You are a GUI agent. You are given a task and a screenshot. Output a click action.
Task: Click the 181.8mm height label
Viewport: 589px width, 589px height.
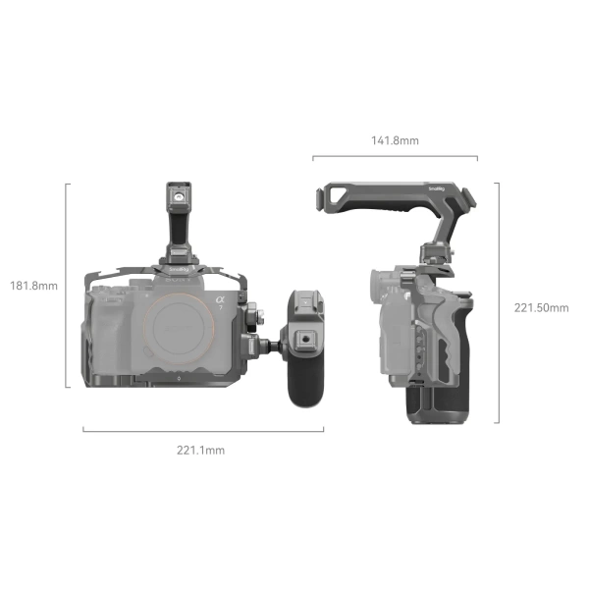[x=33, y=286]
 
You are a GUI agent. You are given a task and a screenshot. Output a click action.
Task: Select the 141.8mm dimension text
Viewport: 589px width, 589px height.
[x=395, y=140]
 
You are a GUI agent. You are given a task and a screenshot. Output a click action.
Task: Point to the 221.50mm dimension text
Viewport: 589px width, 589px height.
[x=541, y=307]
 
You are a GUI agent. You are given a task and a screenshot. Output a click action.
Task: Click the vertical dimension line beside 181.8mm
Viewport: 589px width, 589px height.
[x=68, y=285]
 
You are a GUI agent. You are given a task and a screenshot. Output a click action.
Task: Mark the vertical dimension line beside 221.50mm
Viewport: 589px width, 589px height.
[x=499, y=302]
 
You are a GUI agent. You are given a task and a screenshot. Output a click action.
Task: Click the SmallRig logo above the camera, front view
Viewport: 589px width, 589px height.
[x=178, y=271]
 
